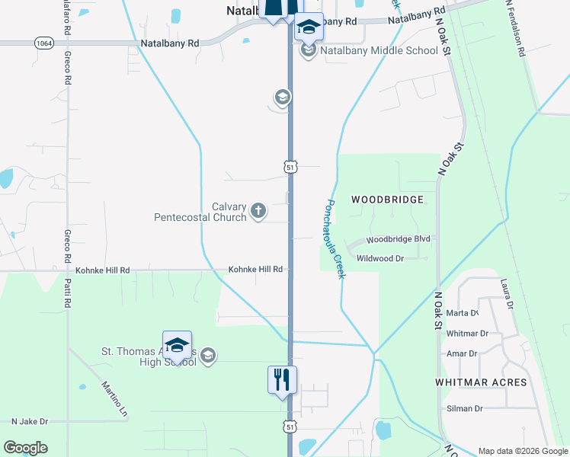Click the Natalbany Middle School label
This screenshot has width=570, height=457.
tap(379, 51)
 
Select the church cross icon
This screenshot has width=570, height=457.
tap(258, 211)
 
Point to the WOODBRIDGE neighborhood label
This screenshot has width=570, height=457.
tap(386, 200)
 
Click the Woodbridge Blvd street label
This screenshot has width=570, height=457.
tap(399, 238)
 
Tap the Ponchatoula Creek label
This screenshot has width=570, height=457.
tap(335, 238)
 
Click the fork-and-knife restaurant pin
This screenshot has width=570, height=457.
tap(281, 379)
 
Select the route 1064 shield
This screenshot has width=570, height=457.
tap(43, 43)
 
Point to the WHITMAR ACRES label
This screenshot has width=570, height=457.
tap(481, 382)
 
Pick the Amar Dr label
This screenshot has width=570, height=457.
tap(462, 353)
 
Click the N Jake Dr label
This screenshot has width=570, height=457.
tap(30, 421)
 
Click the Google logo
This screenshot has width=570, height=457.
tap(25, 448)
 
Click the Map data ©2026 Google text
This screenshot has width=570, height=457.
tap(523, 451)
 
